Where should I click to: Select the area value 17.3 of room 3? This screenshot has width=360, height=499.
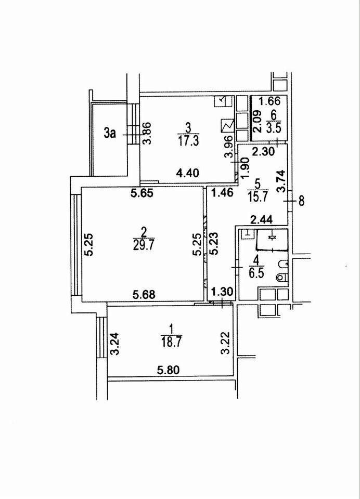[189, 141]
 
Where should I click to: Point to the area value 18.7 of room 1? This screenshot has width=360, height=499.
[172, 341]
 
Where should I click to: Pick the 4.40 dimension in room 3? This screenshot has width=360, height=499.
[189, 173]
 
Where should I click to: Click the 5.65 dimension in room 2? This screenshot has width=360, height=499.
[143, 193]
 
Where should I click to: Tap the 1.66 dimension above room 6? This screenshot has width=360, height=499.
[269, 101]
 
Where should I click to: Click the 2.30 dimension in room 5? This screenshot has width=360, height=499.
[263, 152]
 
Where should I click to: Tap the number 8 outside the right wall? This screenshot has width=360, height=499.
[301, 201]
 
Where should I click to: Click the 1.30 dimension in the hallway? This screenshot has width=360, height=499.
[222, 292]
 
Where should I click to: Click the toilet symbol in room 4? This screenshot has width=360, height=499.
[282, 277]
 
